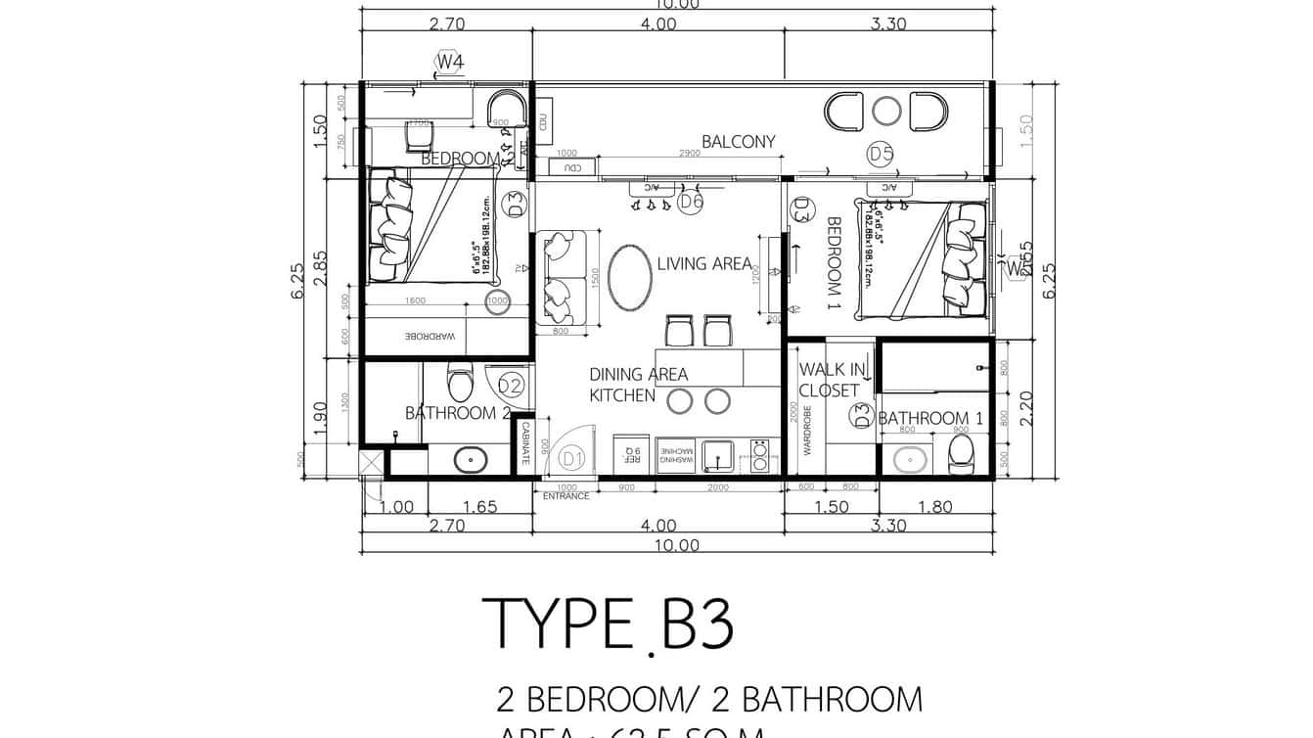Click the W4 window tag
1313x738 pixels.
[x=449, y=62]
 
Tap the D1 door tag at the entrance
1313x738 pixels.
[x=571, y=457]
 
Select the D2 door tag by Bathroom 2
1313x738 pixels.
[x=510, y=385]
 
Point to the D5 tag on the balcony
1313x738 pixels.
[x=881, y=154]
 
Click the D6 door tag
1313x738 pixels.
[x=691, y=203]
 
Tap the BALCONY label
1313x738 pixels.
[x=738, y=142]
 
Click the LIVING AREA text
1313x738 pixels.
[x=703, y=263]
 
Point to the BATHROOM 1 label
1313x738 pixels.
[x=924, y=418]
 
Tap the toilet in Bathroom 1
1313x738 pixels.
[x=962, y=453]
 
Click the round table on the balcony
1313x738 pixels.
[x=886, y=112]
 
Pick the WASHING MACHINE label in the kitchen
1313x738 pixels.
[x=676, y=456]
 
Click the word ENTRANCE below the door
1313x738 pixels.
[x=566, y=496]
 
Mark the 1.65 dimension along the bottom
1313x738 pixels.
[x=479, y=507]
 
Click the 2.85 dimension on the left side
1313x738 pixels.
[x=321, y=266]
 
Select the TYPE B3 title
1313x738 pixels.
[x=608, y=623]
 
